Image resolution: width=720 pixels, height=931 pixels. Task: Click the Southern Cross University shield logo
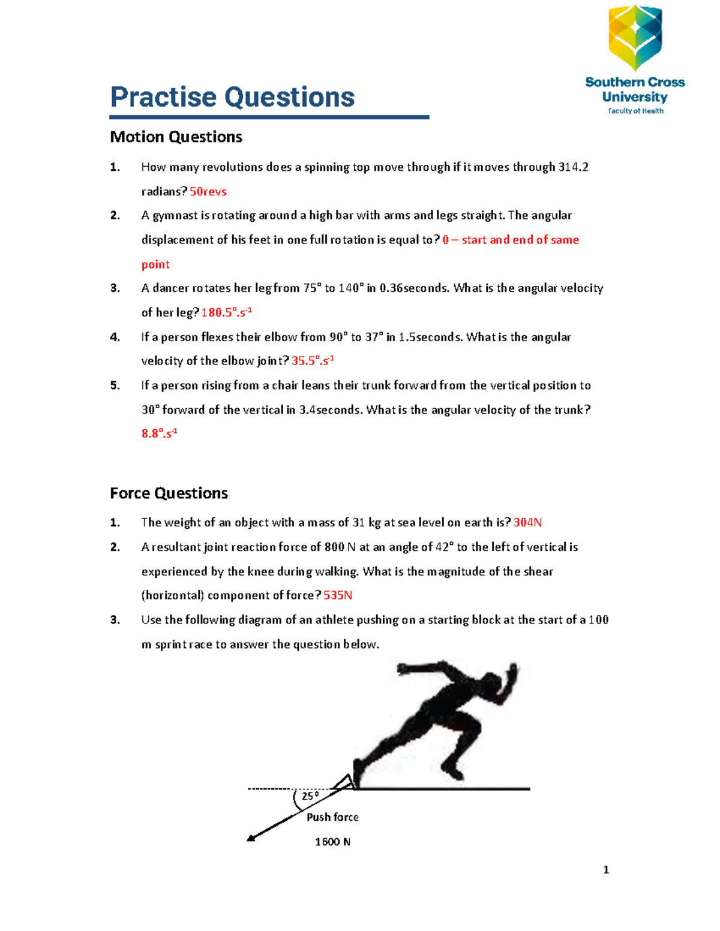tap(635, 37)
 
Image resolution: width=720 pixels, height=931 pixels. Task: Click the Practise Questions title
tap(232, 97)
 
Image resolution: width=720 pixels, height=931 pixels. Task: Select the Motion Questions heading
tap(176, 137)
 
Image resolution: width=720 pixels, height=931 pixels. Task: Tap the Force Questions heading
tap(169, 493)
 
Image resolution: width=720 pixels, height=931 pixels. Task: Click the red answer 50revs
tap(208, 192)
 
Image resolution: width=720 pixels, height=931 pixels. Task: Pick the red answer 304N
tap(527, 523)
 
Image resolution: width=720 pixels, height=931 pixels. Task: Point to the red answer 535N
tap(338, 595)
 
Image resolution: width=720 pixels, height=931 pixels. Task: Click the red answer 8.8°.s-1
tap(159, 433)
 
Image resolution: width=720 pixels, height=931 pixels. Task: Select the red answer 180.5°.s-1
tap(226, 312)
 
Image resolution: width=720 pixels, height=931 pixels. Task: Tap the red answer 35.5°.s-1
tap(313, 361)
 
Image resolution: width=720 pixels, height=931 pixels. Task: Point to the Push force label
tap(332, 817)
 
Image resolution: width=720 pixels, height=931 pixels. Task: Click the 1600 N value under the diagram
tap(332, 842)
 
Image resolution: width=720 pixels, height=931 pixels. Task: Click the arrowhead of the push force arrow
tap(251, 837)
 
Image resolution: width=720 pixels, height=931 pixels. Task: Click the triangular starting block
tap(344, 782)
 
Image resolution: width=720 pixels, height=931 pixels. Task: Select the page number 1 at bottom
tap(606, 870)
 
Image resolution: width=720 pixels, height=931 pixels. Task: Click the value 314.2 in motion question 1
tap(573, 167)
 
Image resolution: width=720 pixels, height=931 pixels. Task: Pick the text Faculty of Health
tap(635, 111)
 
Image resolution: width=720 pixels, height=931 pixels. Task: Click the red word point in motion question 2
tap(155, 264)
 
